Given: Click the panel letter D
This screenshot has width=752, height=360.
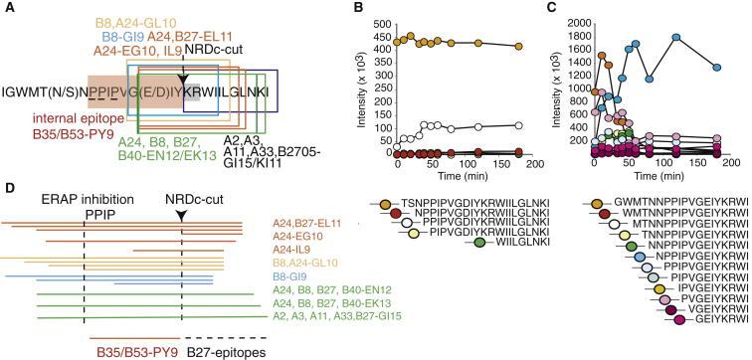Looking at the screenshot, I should [9, 186].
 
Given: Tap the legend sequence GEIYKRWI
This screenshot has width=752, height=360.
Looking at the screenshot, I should [710, 350].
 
